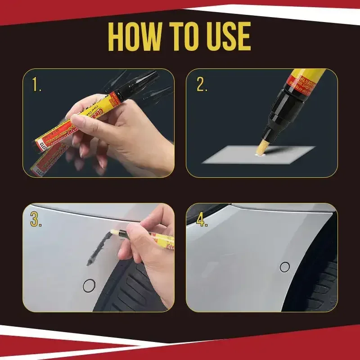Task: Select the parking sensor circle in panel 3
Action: pos(90,284)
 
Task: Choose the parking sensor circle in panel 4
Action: pos(284,267)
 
